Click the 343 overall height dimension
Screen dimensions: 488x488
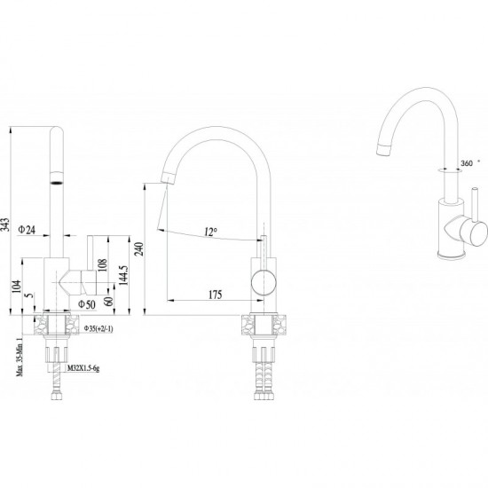point(5,224)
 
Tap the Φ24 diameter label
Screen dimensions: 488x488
point(27,230)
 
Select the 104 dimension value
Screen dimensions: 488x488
point(16,287)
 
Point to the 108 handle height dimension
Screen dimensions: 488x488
point(102,265)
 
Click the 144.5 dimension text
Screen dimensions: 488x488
point(123,275)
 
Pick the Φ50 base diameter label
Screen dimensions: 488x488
point(87,304)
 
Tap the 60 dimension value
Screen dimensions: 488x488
point(108,301)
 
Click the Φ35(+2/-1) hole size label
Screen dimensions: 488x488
point(98,328)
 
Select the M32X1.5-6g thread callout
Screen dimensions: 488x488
point(83,368)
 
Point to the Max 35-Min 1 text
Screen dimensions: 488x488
point(20,357)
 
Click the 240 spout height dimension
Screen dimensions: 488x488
point(139,249)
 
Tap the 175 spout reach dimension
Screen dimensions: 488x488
point(215,295)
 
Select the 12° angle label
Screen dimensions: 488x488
point(210,232)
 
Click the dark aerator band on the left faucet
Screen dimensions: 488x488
point(57,182)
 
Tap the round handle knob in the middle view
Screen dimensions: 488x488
point(264,283)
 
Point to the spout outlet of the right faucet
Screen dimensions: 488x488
point(383,150)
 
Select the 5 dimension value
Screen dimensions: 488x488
point(29,295)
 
